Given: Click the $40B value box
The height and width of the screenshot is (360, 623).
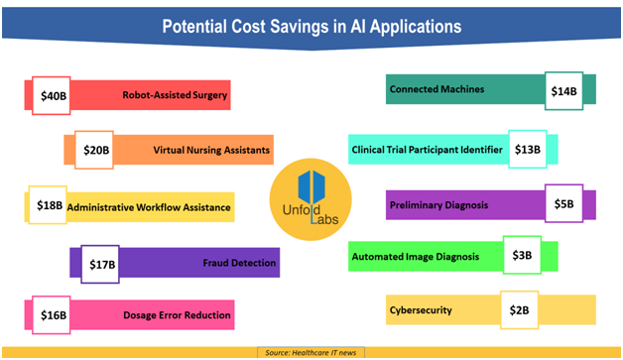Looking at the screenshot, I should coord(52,96).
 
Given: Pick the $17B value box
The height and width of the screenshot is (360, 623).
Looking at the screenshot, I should coord(102,263).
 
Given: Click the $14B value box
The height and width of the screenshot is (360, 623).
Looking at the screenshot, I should coord(562,91).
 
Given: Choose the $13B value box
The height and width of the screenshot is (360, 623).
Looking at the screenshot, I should coord(527,150).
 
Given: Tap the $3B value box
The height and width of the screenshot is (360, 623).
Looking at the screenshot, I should coord(522,256).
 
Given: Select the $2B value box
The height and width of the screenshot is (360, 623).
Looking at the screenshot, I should coord(518,309).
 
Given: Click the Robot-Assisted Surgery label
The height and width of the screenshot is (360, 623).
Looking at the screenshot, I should coord(176,96).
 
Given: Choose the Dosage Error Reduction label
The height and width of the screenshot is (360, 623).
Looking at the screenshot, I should coord(178,315).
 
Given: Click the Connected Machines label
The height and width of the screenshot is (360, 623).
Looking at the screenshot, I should coord(437,89).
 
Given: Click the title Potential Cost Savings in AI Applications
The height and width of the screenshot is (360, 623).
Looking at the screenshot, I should coord(311,27).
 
